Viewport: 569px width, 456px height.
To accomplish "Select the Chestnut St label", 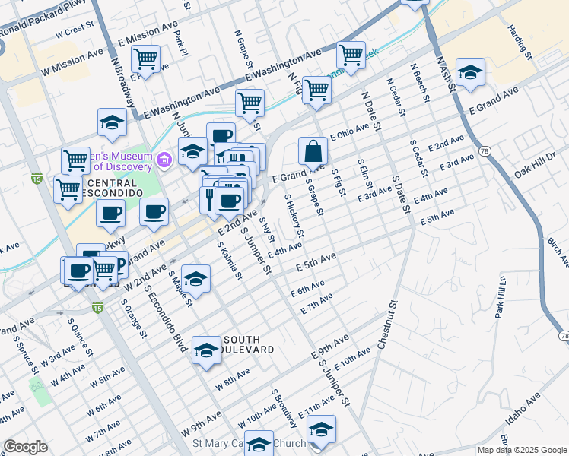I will click(x=388, y=325).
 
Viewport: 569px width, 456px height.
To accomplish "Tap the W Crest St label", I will click(x=74, y=33).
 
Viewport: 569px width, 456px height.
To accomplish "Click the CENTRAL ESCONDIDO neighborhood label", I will click(x=112, y=188).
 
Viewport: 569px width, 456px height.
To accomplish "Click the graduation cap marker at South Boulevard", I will click(x=205, y=350).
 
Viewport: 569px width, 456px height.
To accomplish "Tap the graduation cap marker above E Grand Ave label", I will click(x=470, y=73).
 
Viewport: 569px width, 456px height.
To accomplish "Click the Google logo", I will click(x=25, y=447).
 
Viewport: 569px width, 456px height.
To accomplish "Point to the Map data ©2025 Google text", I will click(x=521, y=450).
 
